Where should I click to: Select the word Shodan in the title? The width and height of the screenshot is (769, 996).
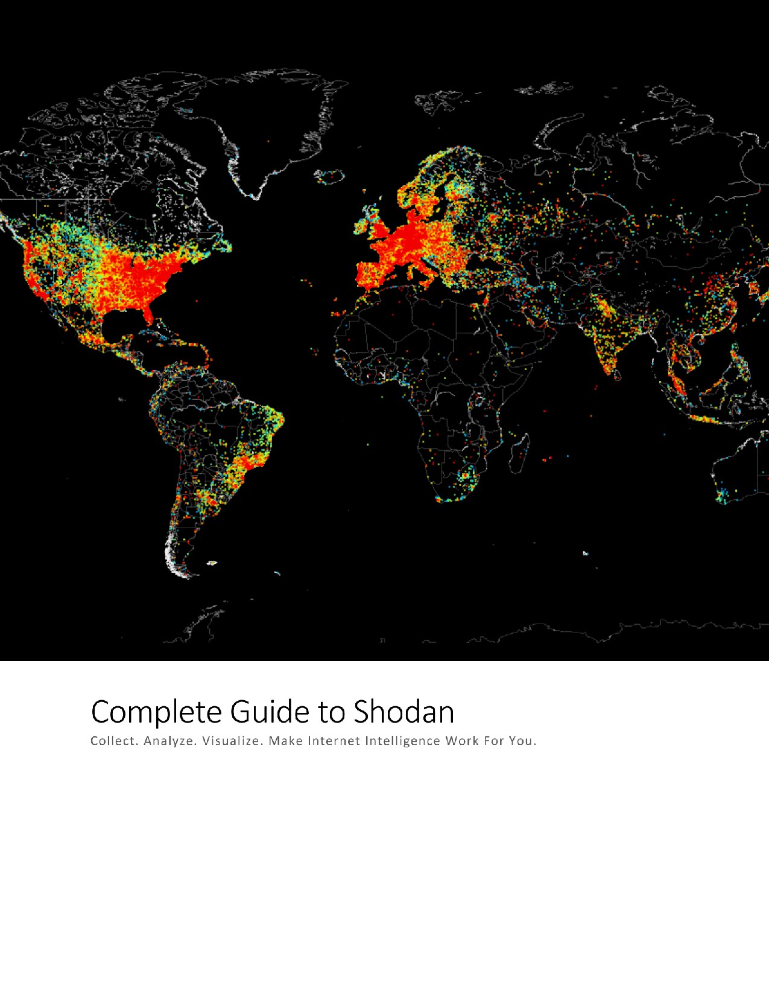(x=403, y=712)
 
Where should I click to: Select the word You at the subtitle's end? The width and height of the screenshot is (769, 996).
(x=522, y=741)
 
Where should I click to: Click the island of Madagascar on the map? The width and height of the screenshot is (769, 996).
(x=520, y=452)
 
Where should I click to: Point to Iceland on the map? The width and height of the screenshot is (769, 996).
(x=329, y=177)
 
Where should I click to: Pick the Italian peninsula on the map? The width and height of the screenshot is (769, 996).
(x=422, y=269)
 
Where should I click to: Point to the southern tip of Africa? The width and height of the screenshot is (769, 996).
(x=446, y=499)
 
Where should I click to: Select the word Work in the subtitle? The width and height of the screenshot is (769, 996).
(x=462, y=741)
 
